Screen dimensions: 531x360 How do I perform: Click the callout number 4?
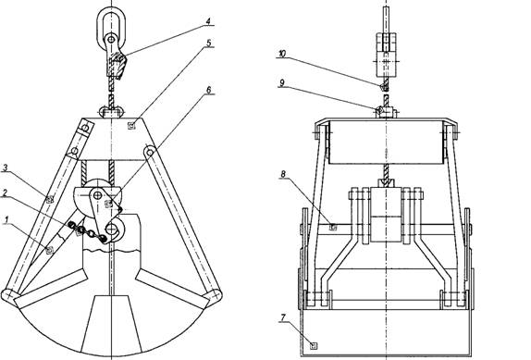(208, 21)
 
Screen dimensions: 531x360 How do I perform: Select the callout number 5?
(209, 43)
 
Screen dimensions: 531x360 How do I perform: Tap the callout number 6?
(209, 90)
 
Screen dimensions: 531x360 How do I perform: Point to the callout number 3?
(6, 168)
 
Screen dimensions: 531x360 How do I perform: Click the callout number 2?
(5, 193)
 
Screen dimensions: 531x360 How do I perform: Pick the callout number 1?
(6, 220)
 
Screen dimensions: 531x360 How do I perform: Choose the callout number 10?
(282, 54)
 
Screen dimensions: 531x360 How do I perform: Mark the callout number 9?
(282, 82)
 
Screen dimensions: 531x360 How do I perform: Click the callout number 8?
(283, 174)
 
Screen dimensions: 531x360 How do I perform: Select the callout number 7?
(283, 317)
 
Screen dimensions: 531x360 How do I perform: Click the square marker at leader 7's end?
(314, 345)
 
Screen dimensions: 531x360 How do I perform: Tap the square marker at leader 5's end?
(131, 126)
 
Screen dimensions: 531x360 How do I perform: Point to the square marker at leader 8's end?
(333, 227)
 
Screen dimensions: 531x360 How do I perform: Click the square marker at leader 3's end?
(50, 199)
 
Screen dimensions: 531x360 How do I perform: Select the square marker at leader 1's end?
(49, 250)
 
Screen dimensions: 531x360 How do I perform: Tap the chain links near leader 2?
(87, 232)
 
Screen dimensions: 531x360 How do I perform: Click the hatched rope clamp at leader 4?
(117, 66)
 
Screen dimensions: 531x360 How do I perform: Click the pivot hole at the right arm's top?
(150, 152)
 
